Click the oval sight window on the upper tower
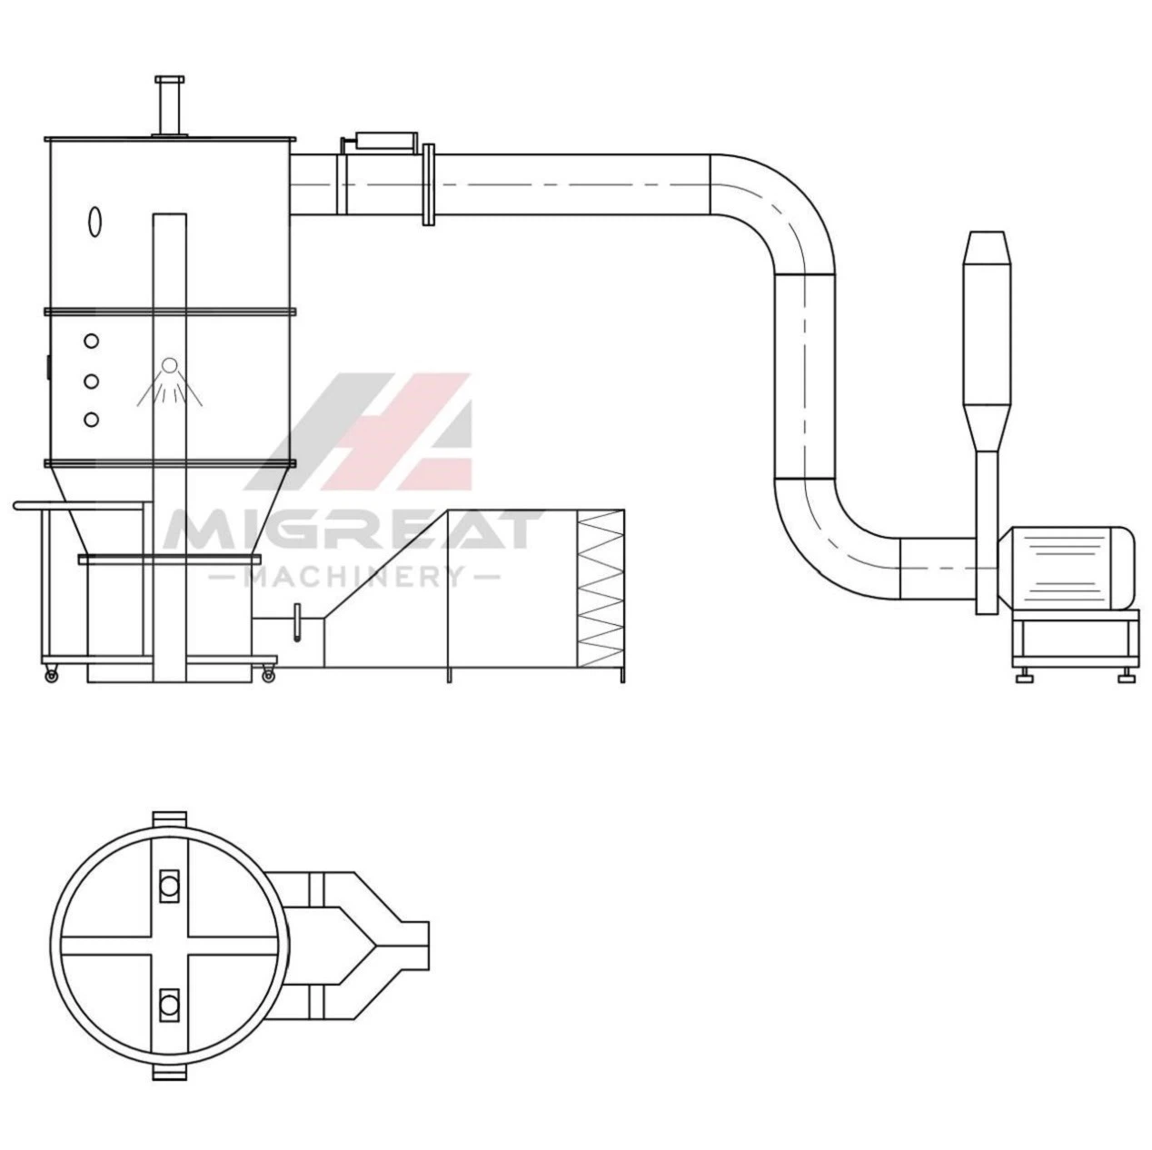pos(94,222)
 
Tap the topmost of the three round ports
pos(92,341)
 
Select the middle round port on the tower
pos(92,381)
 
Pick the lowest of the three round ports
pos(92,420)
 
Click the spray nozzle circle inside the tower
pos(170,364)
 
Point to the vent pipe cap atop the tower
pos(169,79)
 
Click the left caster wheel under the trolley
pos(52,675)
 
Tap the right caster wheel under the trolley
pos(268,675)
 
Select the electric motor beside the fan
pos(1068,568)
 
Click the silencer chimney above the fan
pos(987,341)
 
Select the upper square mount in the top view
pos(170,885)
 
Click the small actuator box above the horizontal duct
pos(386,141)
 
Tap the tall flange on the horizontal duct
pos(428,184)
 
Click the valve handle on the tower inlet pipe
pos(297,623)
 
